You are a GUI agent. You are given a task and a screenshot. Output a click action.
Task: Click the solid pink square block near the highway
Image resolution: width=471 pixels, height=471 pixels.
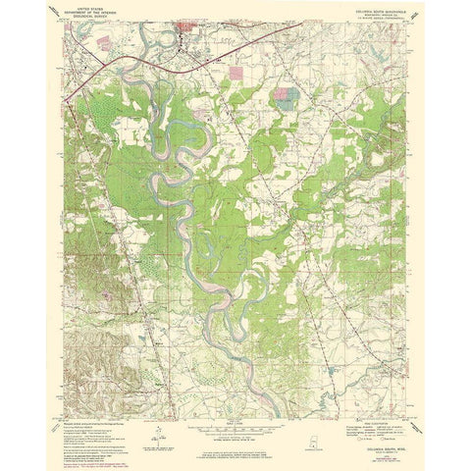234,72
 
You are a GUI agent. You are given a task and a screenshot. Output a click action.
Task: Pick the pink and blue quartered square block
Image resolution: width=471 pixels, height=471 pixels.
286,96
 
